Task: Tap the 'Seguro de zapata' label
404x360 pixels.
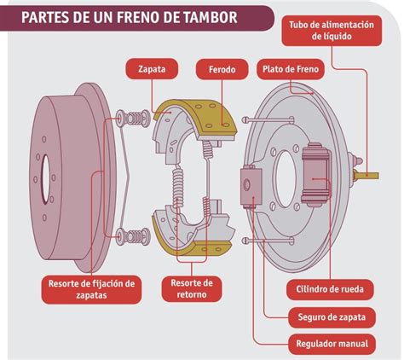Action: click(x=332, y=317)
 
